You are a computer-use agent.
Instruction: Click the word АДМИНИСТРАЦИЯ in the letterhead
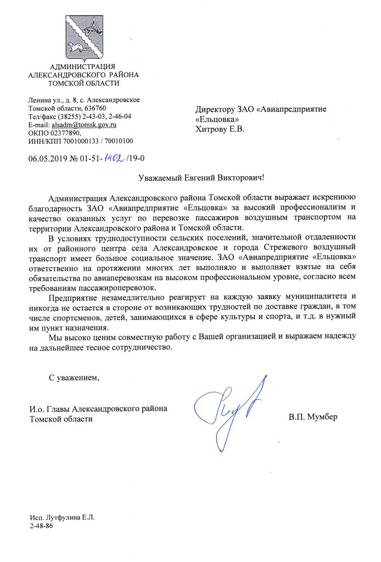click(83, 67)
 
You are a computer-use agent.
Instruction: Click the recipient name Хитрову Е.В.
click(220, 130)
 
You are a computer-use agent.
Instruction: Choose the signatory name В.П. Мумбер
click(313, 417)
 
